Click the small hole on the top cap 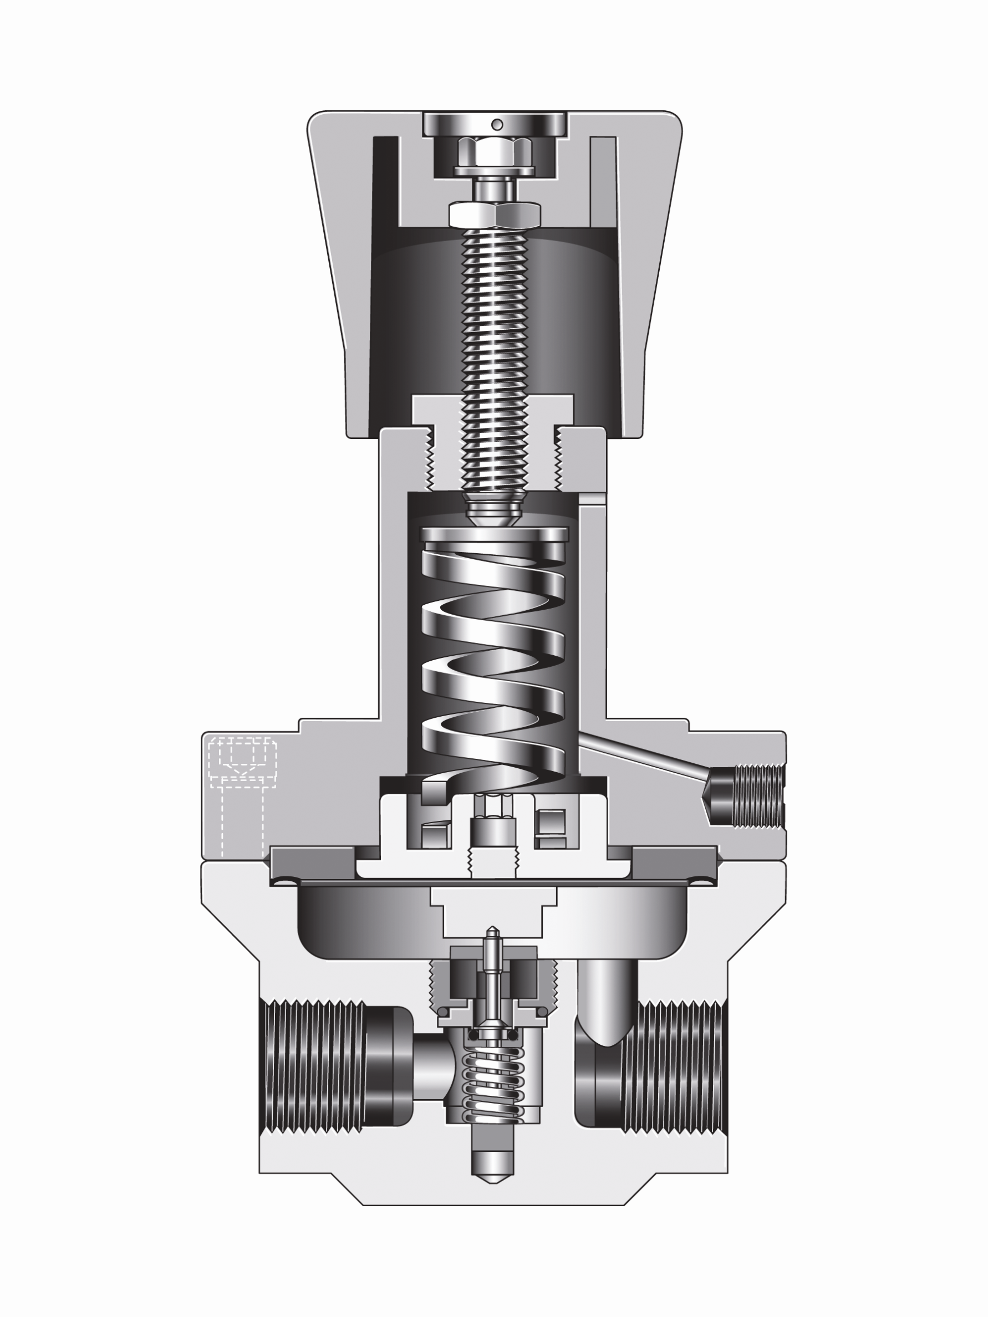pos(497,124)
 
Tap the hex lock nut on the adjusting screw pos(495,215)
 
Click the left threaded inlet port pos(313,1066)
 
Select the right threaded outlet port pos(673,1066)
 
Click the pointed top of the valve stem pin pos(492,930)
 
